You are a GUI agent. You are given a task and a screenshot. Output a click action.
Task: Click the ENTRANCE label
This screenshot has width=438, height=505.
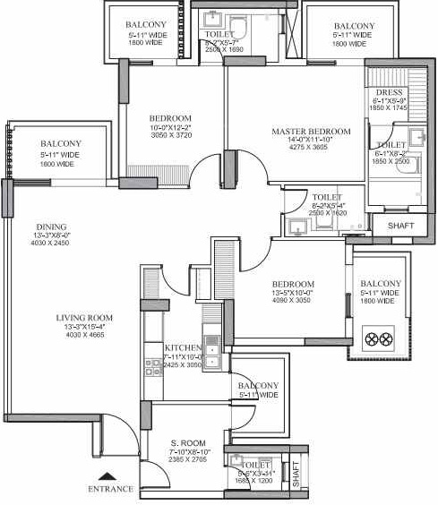tap(110, 489)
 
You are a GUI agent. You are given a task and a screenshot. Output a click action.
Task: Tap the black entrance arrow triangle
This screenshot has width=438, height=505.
tap(108, 476)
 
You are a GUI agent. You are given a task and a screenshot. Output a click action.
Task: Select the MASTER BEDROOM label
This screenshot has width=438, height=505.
tap(311, 132)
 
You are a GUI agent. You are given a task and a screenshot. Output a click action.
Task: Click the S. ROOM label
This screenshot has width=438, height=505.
tap(188, 442)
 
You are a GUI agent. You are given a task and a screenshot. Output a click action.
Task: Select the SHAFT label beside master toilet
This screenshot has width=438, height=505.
tap(400, 226)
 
